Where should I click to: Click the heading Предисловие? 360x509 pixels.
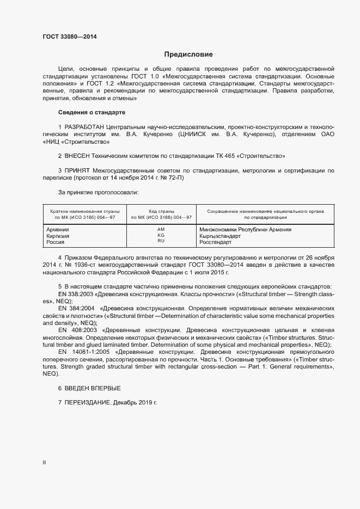coord(189,54)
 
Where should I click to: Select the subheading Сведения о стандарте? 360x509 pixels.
coord(91,112)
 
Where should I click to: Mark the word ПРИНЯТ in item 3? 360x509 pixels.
coord(78,171)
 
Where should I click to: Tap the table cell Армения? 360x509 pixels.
coord(58,229)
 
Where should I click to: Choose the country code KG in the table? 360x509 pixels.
coord(161,235)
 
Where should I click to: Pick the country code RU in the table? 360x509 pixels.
coord(161,241)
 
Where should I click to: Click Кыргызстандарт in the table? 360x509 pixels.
coord(219,236)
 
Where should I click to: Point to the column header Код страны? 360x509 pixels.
coord(161,211)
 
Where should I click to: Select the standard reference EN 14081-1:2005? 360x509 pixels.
coord(87,352)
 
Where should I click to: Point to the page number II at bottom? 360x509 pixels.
coord(45,463)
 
